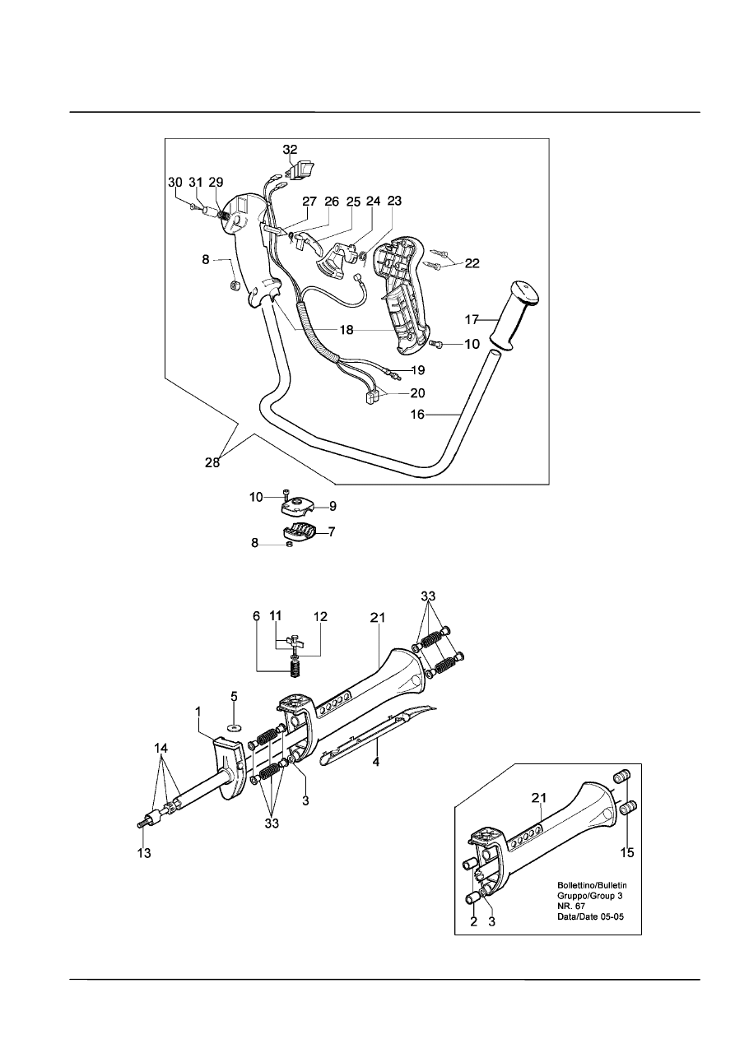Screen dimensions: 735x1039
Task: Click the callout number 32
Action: click(x=290, y=150)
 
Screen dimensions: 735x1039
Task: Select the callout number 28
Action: click(x=212, y=462)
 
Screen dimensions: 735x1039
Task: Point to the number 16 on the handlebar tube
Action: click(x=417, y=415)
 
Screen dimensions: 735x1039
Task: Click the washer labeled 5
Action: click(x=234, y=726)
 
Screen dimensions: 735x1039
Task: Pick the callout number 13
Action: click(x=144, y=853)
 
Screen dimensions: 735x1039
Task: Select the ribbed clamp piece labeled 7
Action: click(x=300, y=531)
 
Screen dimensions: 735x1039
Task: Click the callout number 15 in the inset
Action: click(x=627, y=852)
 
